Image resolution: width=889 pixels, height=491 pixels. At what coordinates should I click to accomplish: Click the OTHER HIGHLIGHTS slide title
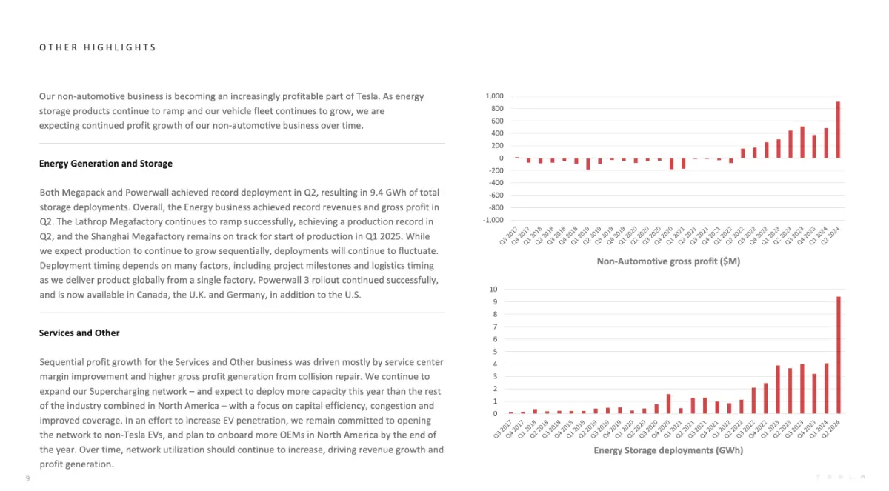(98, 47)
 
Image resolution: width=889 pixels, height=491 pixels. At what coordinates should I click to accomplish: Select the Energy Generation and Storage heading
(105, 164)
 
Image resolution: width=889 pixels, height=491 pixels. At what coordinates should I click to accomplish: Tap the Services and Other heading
(79, 333)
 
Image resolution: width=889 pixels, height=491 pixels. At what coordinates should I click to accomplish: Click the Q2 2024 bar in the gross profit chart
(838, 130)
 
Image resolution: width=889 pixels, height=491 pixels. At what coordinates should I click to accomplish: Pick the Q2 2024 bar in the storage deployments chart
(839, 355)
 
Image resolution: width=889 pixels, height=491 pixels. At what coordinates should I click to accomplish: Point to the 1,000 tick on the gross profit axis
(494, 96)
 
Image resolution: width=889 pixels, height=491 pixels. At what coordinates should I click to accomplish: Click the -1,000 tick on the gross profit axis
(493, 220)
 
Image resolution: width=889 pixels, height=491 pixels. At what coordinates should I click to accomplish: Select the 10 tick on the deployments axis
(493, 290)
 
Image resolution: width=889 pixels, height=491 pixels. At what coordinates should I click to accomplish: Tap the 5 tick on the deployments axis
(495, 352)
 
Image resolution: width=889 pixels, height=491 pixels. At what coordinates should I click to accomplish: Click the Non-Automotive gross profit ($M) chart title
(668, 261)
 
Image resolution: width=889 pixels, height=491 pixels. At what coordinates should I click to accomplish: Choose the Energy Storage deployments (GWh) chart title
(668, 450)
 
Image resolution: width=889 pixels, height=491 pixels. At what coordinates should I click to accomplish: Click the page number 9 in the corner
(28, 478)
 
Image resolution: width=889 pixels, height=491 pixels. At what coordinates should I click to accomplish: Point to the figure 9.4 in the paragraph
(376, 193)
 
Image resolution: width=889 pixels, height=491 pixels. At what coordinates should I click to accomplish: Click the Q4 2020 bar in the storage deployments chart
(669, 404)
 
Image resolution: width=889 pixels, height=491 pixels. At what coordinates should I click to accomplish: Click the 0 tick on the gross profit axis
(502, 158)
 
